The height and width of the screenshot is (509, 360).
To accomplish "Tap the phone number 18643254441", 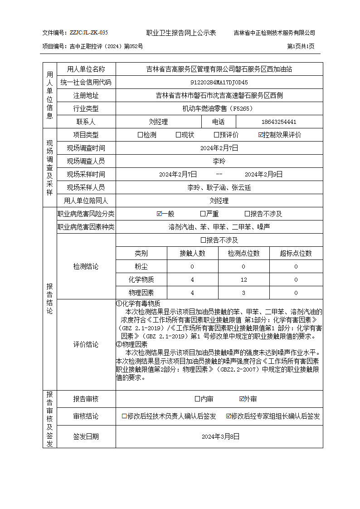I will pos(279,122).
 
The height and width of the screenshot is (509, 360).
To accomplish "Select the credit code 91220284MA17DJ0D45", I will pos(219,83).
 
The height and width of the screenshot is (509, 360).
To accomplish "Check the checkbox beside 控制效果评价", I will pos(261,135).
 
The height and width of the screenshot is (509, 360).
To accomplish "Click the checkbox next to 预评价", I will pos(217,135).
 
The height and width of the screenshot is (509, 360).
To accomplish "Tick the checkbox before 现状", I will pos(179,135).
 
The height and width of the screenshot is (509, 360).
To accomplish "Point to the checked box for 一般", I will pos(159,214).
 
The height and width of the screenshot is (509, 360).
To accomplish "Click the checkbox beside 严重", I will pos(203,214).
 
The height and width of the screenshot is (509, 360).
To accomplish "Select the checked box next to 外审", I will pos(242,399).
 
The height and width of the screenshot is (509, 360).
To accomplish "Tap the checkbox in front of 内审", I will pos(197,399).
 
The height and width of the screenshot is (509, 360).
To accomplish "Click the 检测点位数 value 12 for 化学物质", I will pos(243,279).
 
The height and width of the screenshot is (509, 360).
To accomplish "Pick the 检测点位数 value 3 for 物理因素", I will pos(243,293).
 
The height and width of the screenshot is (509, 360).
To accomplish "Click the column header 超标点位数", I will pos(296,254).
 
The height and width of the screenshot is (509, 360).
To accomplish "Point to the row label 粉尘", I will pos(141,267).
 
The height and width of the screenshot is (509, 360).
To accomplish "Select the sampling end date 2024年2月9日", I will pos(263,174).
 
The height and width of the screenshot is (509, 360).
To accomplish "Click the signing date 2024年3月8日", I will pos(220,436).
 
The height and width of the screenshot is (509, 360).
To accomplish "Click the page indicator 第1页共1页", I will pos(301,46).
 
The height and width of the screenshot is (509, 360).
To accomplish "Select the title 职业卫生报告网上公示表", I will pos(181,33).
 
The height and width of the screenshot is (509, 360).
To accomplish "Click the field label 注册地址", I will pos(86,96).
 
